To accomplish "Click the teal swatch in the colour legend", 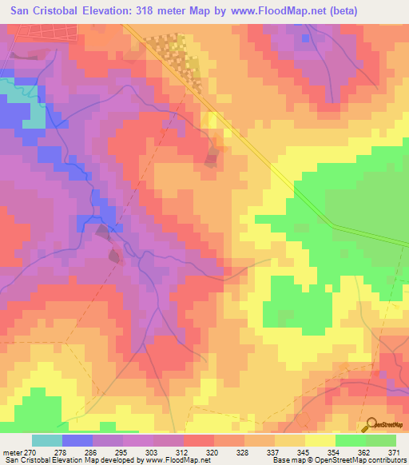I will click(47, 440).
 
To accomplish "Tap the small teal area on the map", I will click(33, 117).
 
